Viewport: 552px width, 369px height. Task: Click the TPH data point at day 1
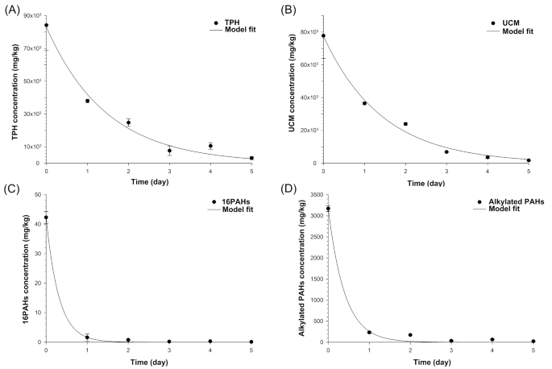coord(87,101)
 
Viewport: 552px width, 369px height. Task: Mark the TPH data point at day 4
coord(210,146)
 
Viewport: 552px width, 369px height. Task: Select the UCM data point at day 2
coord(405,124)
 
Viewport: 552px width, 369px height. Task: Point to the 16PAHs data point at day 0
coord(46,218)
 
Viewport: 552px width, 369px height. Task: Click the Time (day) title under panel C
coord(148,362)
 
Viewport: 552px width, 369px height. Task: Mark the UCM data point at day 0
coord(323,35)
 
